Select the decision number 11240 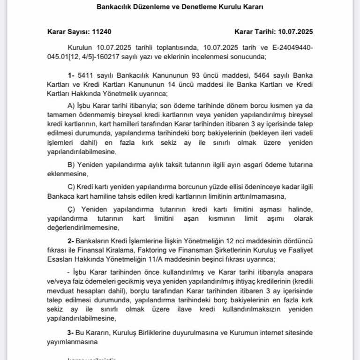tap(103, 32)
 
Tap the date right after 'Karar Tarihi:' tap(295, 32)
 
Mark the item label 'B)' tap(72, 165)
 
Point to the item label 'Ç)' tap(72, 208)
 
